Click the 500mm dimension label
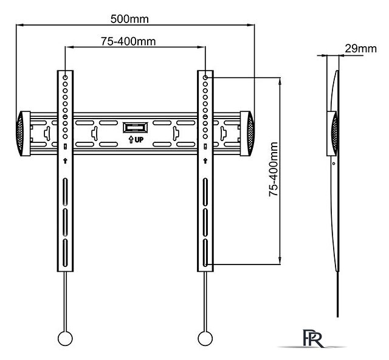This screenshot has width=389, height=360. click(129, 18)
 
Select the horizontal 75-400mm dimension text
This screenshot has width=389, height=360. click(128, 41)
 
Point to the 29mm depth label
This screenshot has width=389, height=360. click(360, 48)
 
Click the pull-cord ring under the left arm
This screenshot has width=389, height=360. click(64, 339)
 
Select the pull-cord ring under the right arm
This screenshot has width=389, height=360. click(205, 339)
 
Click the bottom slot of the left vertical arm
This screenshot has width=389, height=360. click(65, 252)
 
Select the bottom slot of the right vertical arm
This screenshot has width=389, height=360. click(206, 252)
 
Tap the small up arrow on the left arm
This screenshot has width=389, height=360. click(65, 161)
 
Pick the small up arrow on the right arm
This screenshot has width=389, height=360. click(206, 161)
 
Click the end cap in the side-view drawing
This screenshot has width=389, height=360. click(333, 132)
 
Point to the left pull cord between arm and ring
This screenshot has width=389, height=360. click(64, 301)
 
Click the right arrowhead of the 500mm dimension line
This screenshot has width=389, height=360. click(251, 26)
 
